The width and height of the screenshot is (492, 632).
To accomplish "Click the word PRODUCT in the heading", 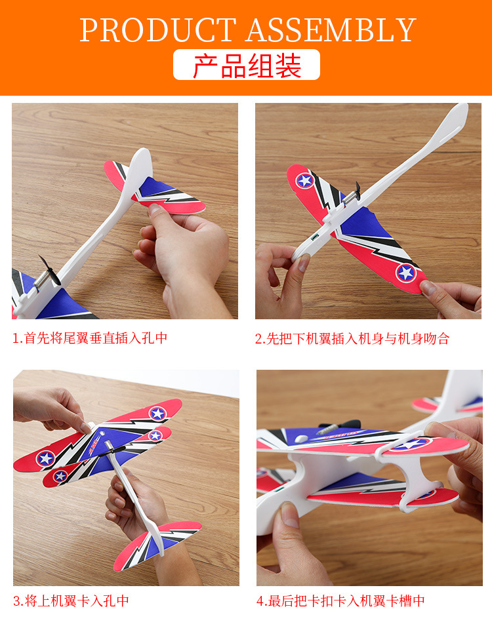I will click(157, 30).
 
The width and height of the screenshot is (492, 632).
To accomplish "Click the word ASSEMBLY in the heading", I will click(332, 30).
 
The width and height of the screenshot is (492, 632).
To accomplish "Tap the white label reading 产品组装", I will click(247, 66).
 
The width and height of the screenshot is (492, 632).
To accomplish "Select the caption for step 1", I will click(91, 338).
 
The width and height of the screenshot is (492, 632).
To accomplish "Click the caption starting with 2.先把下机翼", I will click(352, 338).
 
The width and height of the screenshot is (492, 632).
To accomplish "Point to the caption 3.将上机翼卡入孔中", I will click(71, 601).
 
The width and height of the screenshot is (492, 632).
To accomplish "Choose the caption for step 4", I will click(340, 601).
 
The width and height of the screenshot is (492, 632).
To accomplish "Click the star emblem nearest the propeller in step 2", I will click(304, 180).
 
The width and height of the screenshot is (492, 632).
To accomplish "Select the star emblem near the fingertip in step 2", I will click(406, 271).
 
